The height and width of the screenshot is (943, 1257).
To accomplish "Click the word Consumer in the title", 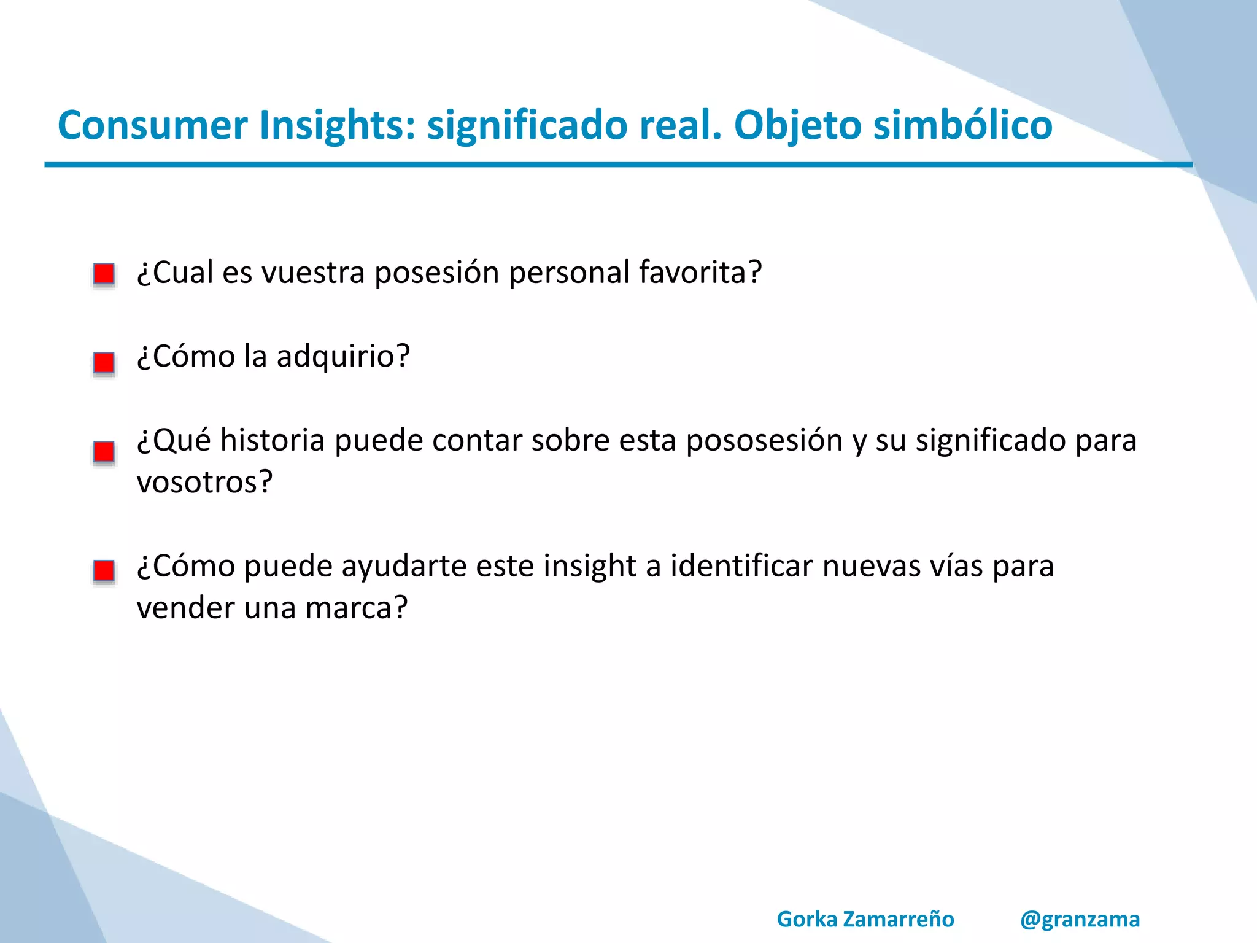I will [152, 125].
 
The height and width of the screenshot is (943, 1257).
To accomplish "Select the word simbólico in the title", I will [962, 125].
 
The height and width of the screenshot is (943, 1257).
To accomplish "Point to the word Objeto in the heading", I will [798, 125].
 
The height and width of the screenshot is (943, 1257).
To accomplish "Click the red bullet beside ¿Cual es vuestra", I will [104, 274].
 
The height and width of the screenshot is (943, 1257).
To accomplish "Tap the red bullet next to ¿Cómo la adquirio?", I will [104, 362].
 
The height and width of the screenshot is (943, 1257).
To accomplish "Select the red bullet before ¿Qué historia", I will [104, 452].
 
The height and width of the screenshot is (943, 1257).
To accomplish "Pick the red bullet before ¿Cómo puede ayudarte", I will [104, 571].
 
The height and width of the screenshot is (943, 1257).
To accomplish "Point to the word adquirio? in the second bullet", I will [342, 356].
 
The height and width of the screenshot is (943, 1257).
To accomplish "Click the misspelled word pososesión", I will [764, 441].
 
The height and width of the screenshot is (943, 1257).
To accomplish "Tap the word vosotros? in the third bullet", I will [204, 482].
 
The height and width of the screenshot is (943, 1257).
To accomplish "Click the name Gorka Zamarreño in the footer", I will [865, 919].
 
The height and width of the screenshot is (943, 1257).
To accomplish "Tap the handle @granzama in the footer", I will [1080, 919].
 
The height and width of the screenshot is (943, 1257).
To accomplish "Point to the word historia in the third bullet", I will [273, 441].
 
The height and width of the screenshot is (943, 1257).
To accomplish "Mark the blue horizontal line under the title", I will [614, 165].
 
